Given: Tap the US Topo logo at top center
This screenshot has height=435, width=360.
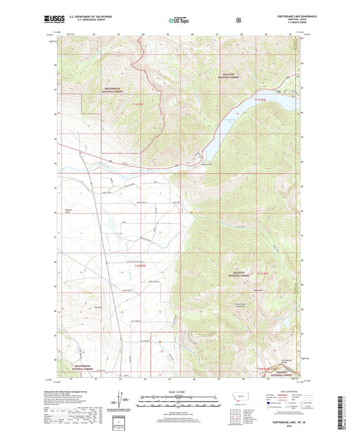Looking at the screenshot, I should pyautogui.click(x=179, y=22).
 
